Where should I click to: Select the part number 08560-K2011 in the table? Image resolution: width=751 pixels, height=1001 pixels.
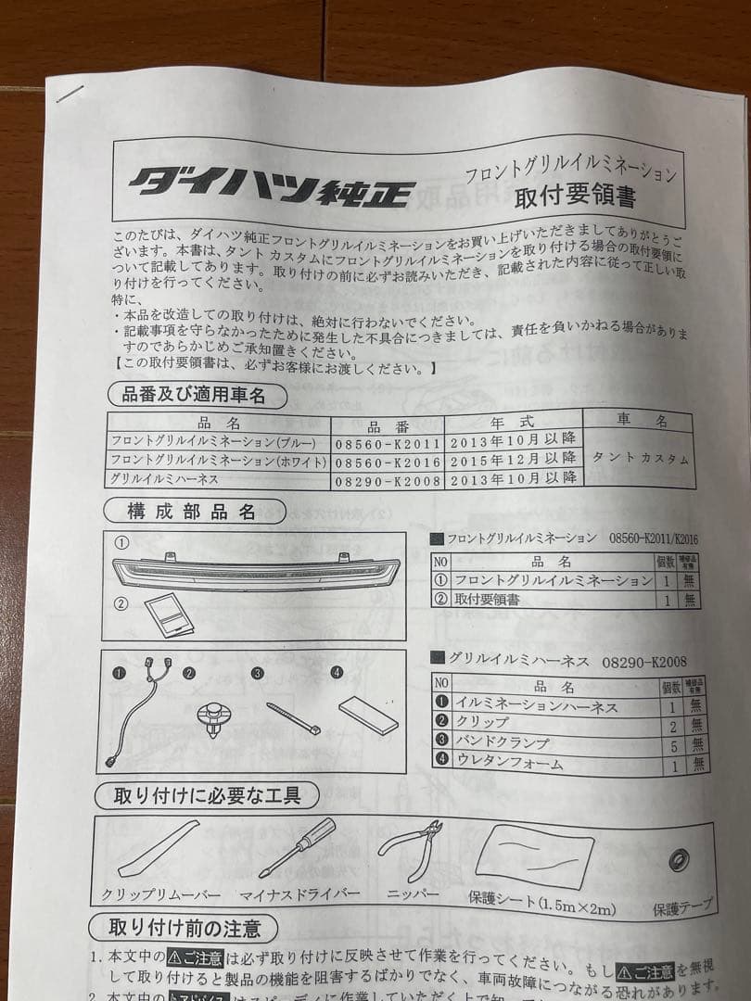[x=388, y=442]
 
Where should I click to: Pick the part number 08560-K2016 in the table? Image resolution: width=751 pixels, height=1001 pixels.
[x=388, y=461]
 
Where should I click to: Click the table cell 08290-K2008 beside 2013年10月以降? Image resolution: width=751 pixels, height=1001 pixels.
[x=388, y=480]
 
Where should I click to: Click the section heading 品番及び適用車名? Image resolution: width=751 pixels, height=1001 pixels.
[x=194, y=395]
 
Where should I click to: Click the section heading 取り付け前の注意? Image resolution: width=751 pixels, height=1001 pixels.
[x=185, y=926]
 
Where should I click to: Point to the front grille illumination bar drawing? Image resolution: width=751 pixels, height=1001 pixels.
[x=255, y=574]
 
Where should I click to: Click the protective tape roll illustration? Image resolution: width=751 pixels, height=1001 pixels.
[x=681, y=858]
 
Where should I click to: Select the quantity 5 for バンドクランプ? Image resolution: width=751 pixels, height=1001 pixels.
[x=673, y=743]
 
